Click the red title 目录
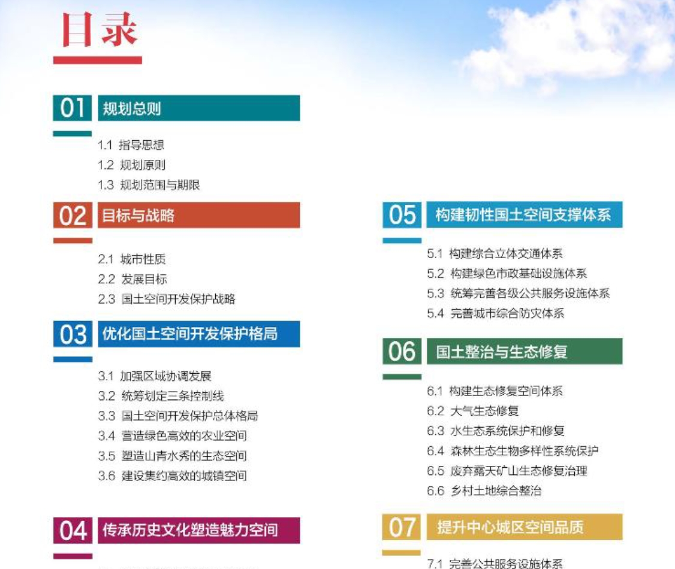pyautogui.click(x=100, y=29)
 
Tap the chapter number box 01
pyautogui.click(x=73, y=108)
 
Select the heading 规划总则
pyautogui.click(x=132, y=108)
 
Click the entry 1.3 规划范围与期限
pyautogui.click(x=149, y=185)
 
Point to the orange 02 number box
pyautogui.click(x=73, y=215)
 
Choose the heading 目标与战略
pyautogui.click(x=138, y=215)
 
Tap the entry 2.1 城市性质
pyautogui.click(x=132, y=259)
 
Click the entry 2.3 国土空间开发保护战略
pyautogui.click(x=167, y=299)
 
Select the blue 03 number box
pyautogui.click(x=73, y=334)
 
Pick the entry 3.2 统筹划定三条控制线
pyautogui.click(x=161, y=396)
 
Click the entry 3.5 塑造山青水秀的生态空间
pyautogui.click(x=172, y=455)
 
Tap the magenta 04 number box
pyautogui.click(x=73, y=530)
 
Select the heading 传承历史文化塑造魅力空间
pyautogui.click(x=190, y=530)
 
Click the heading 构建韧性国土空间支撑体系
pyautogui.click(x=523, y=214)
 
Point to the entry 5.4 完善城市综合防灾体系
pyautogui.click(x=496, y=313)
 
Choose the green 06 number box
pyautogui.click(x=402, y=352)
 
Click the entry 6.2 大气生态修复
pyautogui.click(x=472, y=411)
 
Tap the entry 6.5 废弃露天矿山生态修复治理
pyautogui.click(x=507, y=471)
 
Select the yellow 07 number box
pyautogui.click(x=402, y=527)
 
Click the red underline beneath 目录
pyautogui.click(x=98, y=60)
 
